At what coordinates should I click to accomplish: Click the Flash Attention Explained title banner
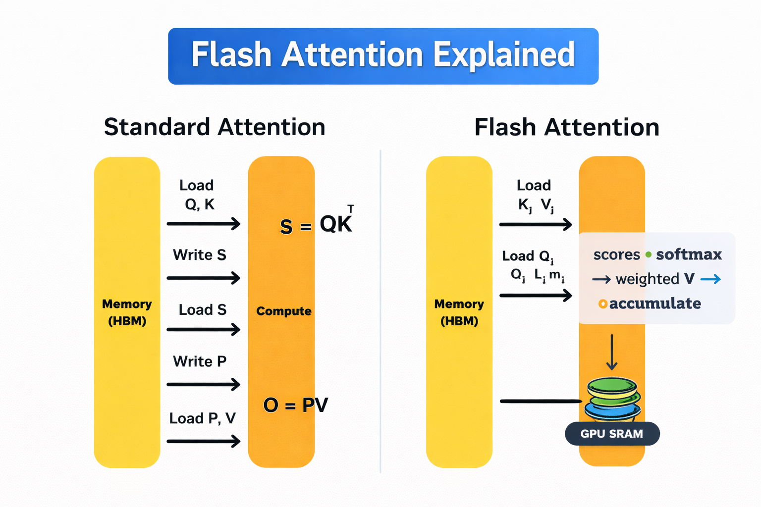coord(383,56)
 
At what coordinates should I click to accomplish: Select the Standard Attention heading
coord(215,127)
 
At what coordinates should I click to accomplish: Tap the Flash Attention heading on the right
coord(567,127)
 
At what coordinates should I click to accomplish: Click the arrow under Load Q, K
coord(204,224)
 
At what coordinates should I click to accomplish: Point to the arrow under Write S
coord(204,278)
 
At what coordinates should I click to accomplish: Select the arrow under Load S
coord(204,329)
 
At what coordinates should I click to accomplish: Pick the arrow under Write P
coord(204,384)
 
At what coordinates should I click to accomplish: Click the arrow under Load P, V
coord(204,441)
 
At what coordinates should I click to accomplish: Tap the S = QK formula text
coord(316,225)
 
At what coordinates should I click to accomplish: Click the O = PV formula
coord(295,405)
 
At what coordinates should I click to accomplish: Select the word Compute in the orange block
coord(284,311)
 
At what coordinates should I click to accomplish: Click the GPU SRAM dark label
coord(612,434)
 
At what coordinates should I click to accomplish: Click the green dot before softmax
coord(648,254)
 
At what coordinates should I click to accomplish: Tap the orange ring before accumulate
coord(603,304)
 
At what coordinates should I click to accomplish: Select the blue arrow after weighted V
coord(710,280)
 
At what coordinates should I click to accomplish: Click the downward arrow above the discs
coord(612,352)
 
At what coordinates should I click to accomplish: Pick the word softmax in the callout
coord(689,254)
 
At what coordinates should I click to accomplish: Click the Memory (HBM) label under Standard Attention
coord(127,312)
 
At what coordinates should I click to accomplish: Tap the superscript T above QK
coord(350,209)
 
